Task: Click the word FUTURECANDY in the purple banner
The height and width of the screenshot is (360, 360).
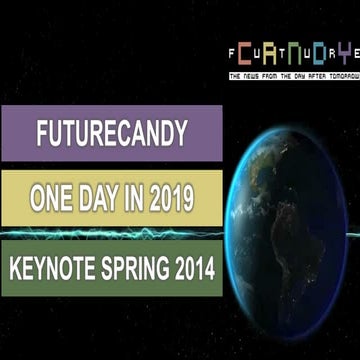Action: tap(112, 134)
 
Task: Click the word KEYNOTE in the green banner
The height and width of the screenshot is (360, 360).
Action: tap(53, 269)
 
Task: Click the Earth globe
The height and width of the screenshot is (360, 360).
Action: tap(295, 225)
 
